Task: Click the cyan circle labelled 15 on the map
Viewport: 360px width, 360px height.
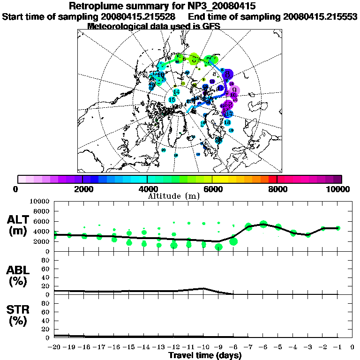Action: [172, 100]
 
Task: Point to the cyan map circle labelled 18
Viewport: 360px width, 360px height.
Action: [227, 122]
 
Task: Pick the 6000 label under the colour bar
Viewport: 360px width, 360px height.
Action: [212, 189]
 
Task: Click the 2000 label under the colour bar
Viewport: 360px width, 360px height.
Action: [82, 189]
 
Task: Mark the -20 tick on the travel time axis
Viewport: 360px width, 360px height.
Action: [55, 348]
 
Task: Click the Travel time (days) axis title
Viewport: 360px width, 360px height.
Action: [205, 356]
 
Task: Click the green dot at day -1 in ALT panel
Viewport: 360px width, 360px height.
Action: [338, 228]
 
